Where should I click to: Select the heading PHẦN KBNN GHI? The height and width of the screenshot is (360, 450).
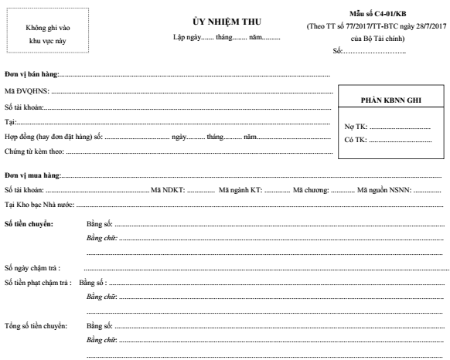pos(391,100)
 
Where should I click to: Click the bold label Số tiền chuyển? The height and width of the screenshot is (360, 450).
pos(29,223)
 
